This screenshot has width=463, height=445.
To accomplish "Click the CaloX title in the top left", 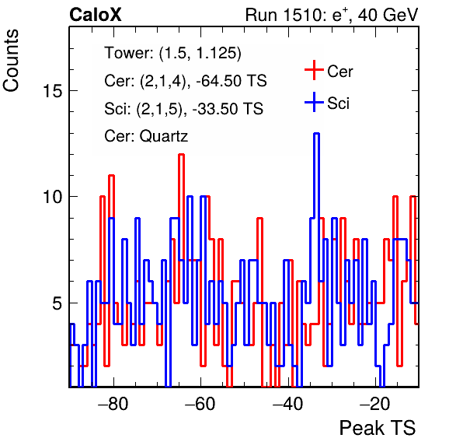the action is pyautogui.click(x=96, y=15).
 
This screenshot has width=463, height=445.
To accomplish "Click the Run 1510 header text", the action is pyautogui.click(x=332, y=15).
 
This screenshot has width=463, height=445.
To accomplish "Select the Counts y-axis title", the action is pyautogui.click(x=11, y=61).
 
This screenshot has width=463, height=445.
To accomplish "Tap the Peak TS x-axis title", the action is pyautogui.click(x=378, y=428).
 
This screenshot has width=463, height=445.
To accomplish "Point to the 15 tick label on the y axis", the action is pyautogui.click(x=53, y=90).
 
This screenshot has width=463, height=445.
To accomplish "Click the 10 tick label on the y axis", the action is pyautogui.click(x=53, y=197).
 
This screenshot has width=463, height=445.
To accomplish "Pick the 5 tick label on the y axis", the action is pyautogui.click(x=57, y=303).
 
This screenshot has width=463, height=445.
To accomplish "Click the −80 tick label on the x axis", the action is pyautogui.click(x=113, y=404).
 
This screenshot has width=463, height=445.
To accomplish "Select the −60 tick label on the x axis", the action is pyautogui.click(x=200, y=404).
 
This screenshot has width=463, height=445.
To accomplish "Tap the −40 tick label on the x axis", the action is pyautogui.click(x=288, y=404).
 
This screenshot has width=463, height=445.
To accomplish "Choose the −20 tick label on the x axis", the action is pyautogui.click(x=375, y=404).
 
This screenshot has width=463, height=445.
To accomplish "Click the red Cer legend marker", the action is pyautogui.click(x=314, y=70).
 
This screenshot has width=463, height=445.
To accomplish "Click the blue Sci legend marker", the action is pyautogui.click(x=314, y=102).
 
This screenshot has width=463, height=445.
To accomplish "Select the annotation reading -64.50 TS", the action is pyautogui.click(x=231, y=81).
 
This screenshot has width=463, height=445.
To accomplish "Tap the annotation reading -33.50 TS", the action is pyautogui.click(x=228, y=108).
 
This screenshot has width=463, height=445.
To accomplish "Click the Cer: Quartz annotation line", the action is pyautogui.click(x=146, y=136).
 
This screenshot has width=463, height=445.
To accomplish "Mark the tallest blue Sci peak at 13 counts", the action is pyautogui.click(x=316, y=134).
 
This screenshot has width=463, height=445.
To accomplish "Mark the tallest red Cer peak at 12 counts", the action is pyautogui.click(x=181, y=155).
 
